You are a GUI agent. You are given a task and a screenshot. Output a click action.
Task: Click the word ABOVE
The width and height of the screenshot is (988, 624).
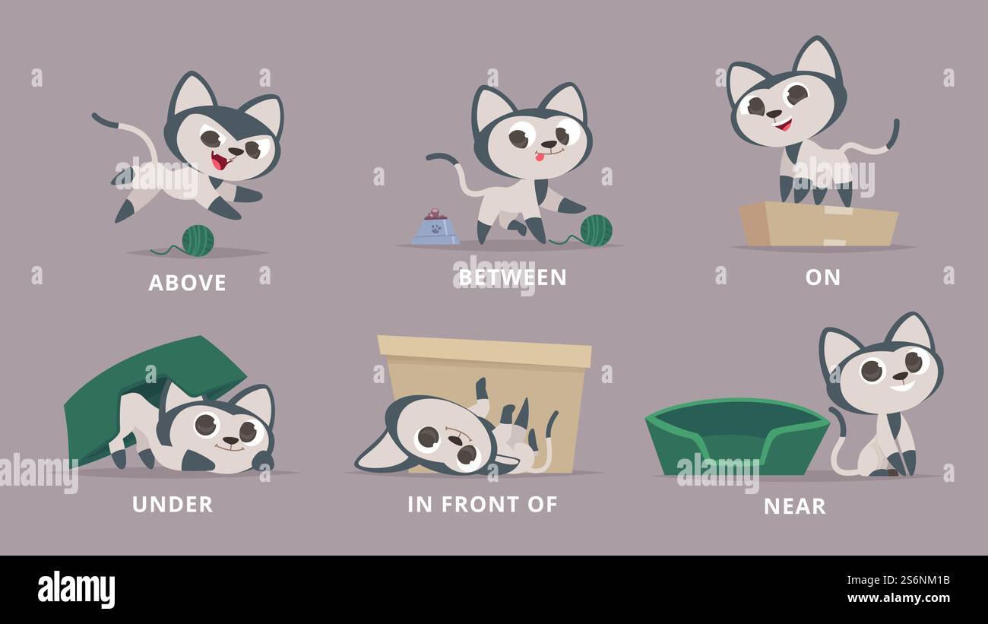click(x=187, y=283)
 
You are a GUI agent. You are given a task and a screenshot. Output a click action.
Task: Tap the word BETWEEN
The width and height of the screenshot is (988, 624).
click(x=512, y=277)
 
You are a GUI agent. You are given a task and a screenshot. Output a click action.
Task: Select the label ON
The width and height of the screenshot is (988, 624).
click(x=822, y=277)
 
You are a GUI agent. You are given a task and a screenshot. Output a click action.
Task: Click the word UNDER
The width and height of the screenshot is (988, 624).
click(x=173, y=504)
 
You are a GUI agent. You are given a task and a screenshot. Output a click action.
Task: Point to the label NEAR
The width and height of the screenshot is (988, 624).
click(x=794, y=506)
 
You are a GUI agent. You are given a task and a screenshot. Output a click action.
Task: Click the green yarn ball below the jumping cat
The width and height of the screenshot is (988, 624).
click(x=198, y=240)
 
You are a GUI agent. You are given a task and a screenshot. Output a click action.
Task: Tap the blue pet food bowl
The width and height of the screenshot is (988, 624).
click(x=435, y=230)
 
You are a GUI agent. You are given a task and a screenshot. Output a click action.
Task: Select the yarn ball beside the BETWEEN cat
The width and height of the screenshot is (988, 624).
click(x=596, y=230)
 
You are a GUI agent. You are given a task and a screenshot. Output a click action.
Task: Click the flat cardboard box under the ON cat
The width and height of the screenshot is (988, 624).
click(x=817, y=224)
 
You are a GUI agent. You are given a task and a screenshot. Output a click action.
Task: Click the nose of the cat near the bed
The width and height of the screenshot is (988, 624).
click(x=899, y=376)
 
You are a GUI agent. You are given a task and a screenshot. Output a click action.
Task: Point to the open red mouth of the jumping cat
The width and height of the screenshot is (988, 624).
click(x=220, y=161)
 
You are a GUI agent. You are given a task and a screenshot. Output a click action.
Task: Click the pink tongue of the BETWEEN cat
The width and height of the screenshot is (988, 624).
click(x=540, y=157)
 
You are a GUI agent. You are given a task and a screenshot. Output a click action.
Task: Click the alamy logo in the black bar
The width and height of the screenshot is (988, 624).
click(x=76, y=590)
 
